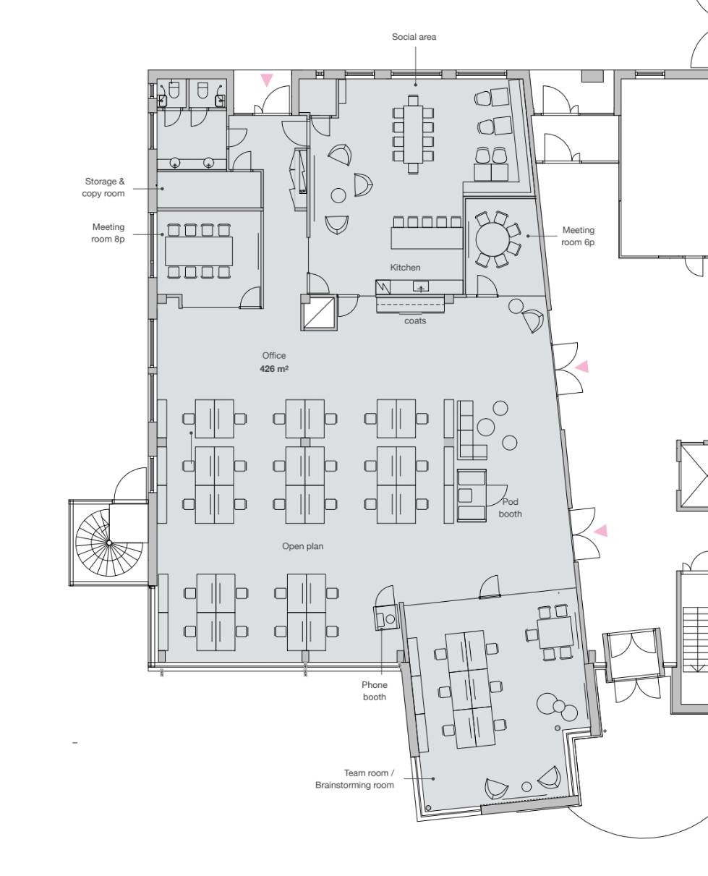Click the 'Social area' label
(x=414, y=37)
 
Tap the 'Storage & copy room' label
(x=103, y=187)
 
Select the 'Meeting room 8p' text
(x=108, y=233)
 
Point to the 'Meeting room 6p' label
(x=578, y=236)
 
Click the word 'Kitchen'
(x=405, y=268)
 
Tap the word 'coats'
(x=415, y=320)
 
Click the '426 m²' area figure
(x=274, y=368)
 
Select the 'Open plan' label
(x=302, y=546)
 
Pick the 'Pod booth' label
(x=511, y=508)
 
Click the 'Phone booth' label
(x=375, y=691)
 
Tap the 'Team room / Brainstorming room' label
(x=354, y=779)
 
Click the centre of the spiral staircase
(x=109, y=543)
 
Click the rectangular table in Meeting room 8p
(x=199, y=251)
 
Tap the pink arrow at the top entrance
(x=267, y=80)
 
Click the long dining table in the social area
(x=413, y=135)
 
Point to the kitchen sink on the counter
(x=421, y=286)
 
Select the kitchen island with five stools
(x=427, y=239)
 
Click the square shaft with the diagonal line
(x=319, y=312)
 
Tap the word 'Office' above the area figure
(x=274, y=355)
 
